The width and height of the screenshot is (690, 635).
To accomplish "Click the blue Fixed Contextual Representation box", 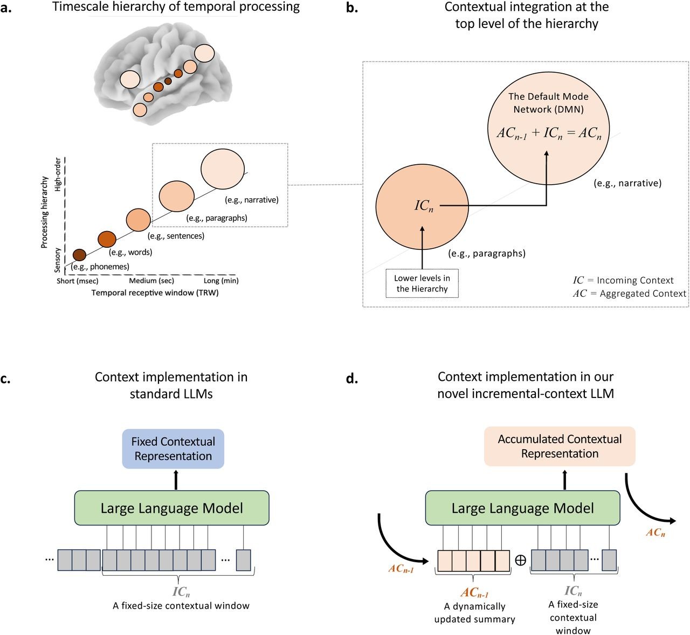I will click(x=173, y=449).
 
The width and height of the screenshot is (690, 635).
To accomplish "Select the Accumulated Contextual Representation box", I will click(x=560, y=446).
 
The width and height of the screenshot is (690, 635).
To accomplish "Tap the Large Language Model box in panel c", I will click(x=171, y=508).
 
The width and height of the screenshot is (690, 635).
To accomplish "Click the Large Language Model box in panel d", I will click(x=522, y=508).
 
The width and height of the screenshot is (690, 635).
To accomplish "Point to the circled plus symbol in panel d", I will click(x=520, y=560).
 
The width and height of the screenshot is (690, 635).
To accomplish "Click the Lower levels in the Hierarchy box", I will click(x=422, y=283).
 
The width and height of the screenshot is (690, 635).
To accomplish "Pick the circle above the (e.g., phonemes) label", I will click(x=79, y=255).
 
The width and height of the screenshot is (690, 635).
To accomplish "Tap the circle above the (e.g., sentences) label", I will click(x=138, y=220).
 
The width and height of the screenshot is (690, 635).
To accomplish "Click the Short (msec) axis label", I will click(x=78, y=281).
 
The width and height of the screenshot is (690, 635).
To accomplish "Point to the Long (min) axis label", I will click(x=221, y=281).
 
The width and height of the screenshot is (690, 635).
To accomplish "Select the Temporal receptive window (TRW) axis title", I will click(x=155, y=293).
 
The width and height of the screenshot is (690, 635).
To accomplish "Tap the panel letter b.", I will click(x=352, y=8).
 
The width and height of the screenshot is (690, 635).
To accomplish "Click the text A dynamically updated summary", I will click(x=474, y=613).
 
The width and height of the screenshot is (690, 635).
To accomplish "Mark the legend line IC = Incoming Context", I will click(x=623, y=280).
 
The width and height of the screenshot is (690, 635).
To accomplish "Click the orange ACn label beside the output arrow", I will click(x=655, y=533).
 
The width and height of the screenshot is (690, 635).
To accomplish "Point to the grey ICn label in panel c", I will click(x=181, y=592).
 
